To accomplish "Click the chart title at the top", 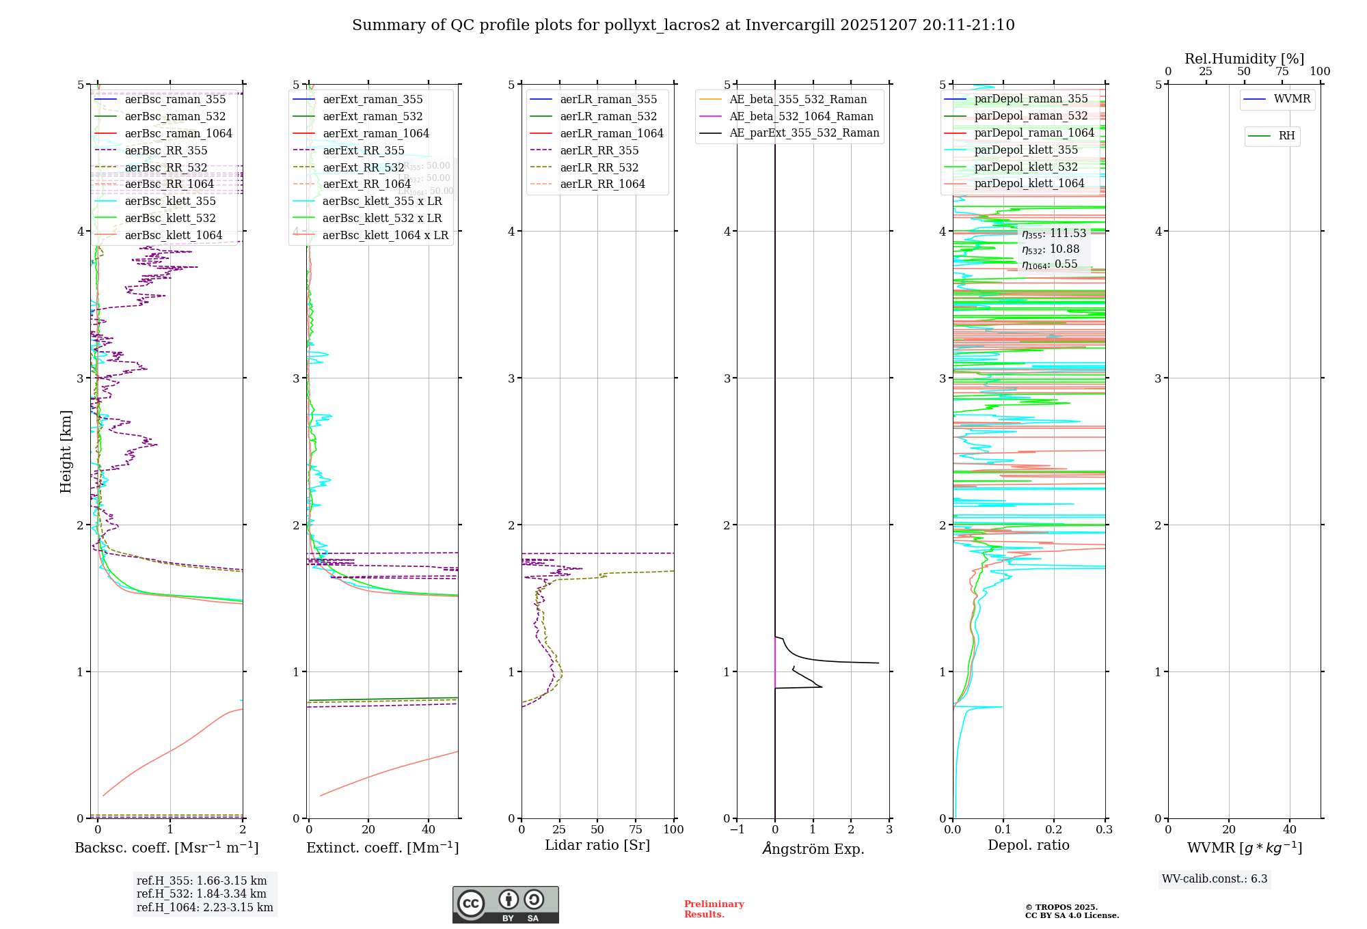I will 683,25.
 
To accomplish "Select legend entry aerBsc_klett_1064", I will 173,235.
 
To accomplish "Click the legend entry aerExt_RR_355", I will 363,150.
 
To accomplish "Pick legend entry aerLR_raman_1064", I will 611,133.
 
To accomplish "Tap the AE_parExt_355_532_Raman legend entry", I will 804,133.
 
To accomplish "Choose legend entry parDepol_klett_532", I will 1025,167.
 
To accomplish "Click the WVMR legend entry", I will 1291,99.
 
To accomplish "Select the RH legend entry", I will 1286,136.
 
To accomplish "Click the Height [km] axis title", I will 66,451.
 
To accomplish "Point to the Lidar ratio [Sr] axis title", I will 597,845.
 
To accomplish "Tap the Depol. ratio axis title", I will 1028,845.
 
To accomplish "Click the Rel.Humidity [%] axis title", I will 1244,59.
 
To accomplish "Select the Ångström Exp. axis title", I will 813,848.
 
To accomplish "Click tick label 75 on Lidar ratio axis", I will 636,829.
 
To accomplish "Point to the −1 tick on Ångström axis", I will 736,829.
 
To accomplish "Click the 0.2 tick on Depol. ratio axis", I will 1053,829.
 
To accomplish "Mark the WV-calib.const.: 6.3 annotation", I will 1214,878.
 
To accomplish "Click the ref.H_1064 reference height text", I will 204,907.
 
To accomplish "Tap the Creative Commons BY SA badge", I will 505,904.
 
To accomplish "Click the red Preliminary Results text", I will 714,909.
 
